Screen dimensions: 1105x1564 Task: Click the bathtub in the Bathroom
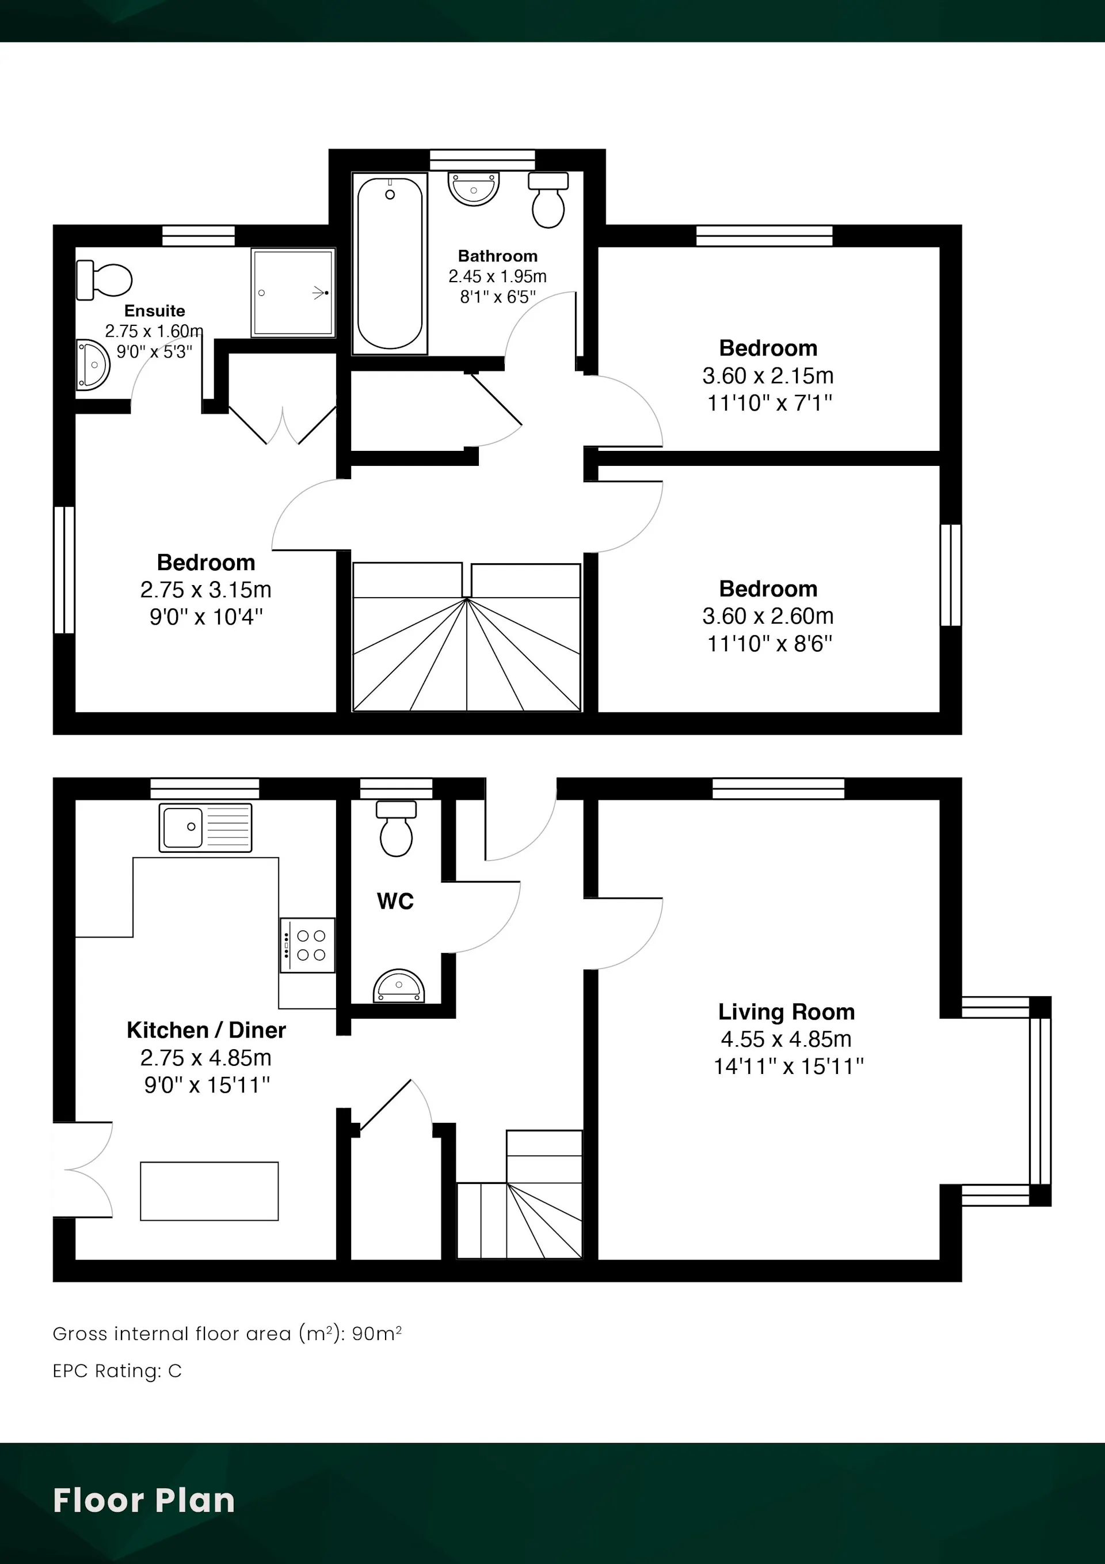pyautogui.click(x=390, y=264)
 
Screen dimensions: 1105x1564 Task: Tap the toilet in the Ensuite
pyautogui.click(x=104, y=280)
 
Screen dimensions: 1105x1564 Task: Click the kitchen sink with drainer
pyautogui.click(x=205, y=827)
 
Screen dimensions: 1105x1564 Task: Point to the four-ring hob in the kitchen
pyautogui.click(x=307, y=946)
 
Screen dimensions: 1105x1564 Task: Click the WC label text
pyautogui.click(x=395, y=901)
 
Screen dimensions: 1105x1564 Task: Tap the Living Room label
pyautogui.click(x=786, y=1012)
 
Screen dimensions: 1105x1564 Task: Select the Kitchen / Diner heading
pyautogui.click(x=206, y=1030)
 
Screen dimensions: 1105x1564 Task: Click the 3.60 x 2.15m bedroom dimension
pyautogui.click(x=768, y=375)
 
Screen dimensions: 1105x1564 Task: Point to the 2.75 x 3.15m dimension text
pyautogui.click(x=205, y=589)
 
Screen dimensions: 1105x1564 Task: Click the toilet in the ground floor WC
pyautogui.click(x=397, y=828)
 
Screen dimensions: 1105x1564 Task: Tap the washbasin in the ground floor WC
pyautogui.click(x=399, y=985)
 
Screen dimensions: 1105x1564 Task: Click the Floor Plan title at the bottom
pyautogui.click(x=144, y=1500)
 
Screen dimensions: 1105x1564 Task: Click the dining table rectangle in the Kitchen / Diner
pyautogui.click(x=209, y=1191)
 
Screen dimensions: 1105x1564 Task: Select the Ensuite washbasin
pyautogui.click(x=93, y=365)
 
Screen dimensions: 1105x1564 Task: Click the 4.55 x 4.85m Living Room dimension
pyautogui.click(x=786, y=1039)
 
